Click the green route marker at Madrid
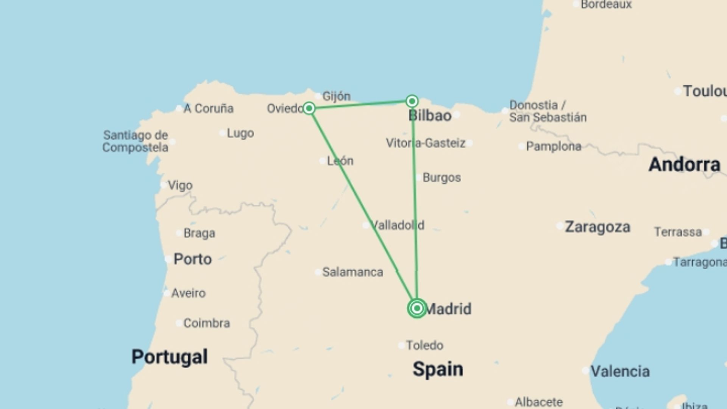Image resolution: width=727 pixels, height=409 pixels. (417, 308)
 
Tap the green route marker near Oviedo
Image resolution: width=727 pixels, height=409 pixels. (309, 108)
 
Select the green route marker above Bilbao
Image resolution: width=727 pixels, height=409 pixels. (412, 101)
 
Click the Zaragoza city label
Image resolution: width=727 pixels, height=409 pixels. (597, 227)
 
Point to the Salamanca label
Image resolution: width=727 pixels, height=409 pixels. (352, 272)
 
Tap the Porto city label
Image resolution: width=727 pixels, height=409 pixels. (192, 259)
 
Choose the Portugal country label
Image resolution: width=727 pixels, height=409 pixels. (169, 356)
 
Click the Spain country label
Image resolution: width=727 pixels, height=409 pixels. (438, 369)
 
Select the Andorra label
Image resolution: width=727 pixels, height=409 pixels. (684, 164)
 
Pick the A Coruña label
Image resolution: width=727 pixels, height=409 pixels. (208, 109)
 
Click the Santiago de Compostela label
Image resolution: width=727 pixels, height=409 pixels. (135, 141)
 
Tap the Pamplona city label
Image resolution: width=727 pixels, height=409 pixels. (553, 146)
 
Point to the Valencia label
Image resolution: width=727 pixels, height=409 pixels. (620, 371)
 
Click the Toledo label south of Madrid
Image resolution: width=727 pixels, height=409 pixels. (424, 345)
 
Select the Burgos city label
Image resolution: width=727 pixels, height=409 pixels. (442, 178)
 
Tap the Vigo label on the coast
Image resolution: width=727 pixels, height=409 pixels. (180, 186)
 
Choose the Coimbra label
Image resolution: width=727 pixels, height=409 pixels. (206, 323)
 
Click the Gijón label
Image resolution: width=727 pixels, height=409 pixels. (336, 96)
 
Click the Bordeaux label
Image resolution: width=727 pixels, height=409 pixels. (606, 5)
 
